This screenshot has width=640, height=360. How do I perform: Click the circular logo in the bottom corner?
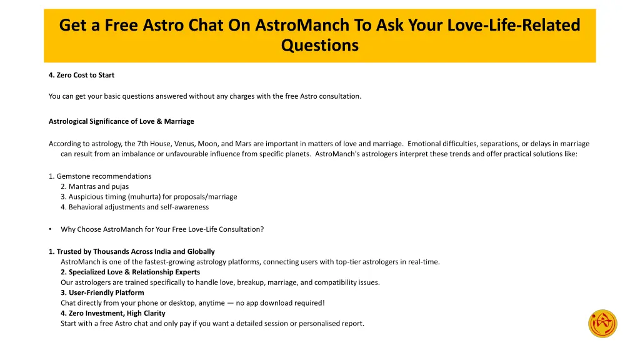click(x=602, y=324)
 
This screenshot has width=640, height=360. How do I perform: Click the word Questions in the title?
click(x=319, y=45)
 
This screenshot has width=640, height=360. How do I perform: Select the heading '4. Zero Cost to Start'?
click(x=81, y=75)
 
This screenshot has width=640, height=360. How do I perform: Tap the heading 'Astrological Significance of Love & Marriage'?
click(x=121, y=121)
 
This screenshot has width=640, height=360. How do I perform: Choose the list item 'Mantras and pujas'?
click(x=94, y=186)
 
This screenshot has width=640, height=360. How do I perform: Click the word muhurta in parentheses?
click(x=144, y=197)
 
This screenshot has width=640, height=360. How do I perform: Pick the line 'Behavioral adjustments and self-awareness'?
click(x=134, y=207)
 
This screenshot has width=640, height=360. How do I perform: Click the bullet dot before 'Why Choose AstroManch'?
click(x=50, y=229)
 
